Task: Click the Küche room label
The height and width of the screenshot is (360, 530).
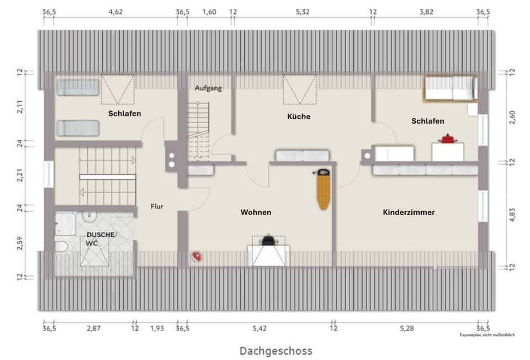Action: coord(299,117)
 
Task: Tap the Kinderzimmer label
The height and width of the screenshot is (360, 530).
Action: coord(409,212)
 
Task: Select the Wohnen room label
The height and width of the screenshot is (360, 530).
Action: coord(256,212)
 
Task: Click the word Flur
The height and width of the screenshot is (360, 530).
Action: coord(157,207)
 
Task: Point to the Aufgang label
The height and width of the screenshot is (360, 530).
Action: coord(208,88)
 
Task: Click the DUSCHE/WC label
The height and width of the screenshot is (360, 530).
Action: coord(102,239)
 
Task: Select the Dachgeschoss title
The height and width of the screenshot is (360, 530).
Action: coord(275,351)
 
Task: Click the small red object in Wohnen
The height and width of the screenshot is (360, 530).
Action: coord(196,256)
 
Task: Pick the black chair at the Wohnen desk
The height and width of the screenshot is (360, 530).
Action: coord(269,241)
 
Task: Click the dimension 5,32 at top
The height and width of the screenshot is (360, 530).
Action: coord(303,12)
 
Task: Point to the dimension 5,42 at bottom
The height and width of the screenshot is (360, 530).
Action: coord(259,329)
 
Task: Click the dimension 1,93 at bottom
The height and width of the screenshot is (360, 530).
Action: coord(157,329)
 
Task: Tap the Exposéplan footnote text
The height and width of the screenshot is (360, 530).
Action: coord(488,335)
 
